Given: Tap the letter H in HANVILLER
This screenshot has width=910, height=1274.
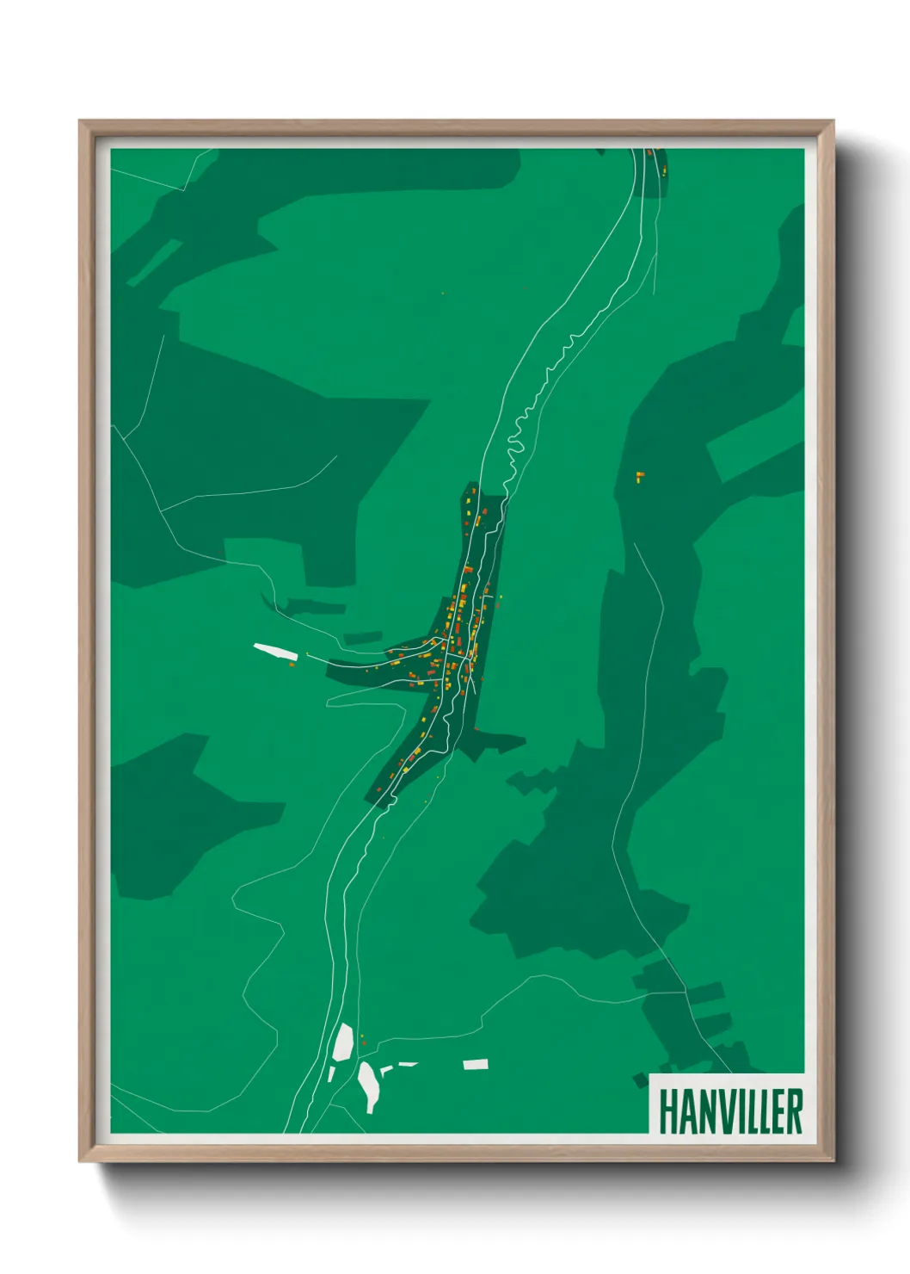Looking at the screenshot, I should coord(667,1111).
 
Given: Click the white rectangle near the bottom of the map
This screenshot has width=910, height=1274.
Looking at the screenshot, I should coord(476,1065).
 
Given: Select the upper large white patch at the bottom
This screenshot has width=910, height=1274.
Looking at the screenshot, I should coord(343,1042).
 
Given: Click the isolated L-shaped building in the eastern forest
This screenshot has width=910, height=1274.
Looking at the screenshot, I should coord(639,476).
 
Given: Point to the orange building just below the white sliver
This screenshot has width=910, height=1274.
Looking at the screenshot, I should coord(292,664).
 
